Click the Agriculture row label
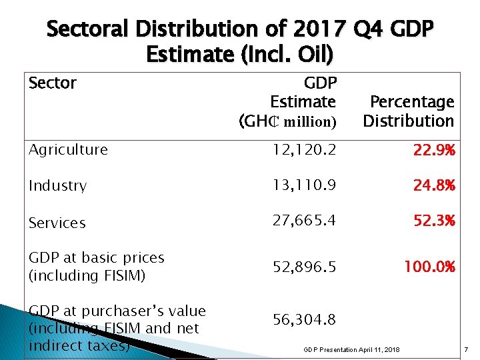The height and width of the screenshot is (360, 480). tap(68, 150)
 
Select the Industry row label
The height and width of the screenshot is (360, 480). tap(57, 186)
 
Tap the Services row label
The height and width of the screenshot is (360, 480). tap(57, 223)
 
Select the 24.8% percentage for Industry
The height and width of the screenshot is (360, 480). tap(433, 185)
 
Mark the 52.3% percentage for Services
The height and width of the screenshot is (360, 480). tap(433, 221)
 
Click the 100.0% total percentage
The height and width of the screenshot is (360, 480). tap(429, 266)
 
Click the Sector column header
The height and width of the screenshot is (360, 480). tap(53, 83)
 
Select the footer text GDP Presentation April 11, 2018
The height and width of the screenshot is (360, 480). tap(351, 350)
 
